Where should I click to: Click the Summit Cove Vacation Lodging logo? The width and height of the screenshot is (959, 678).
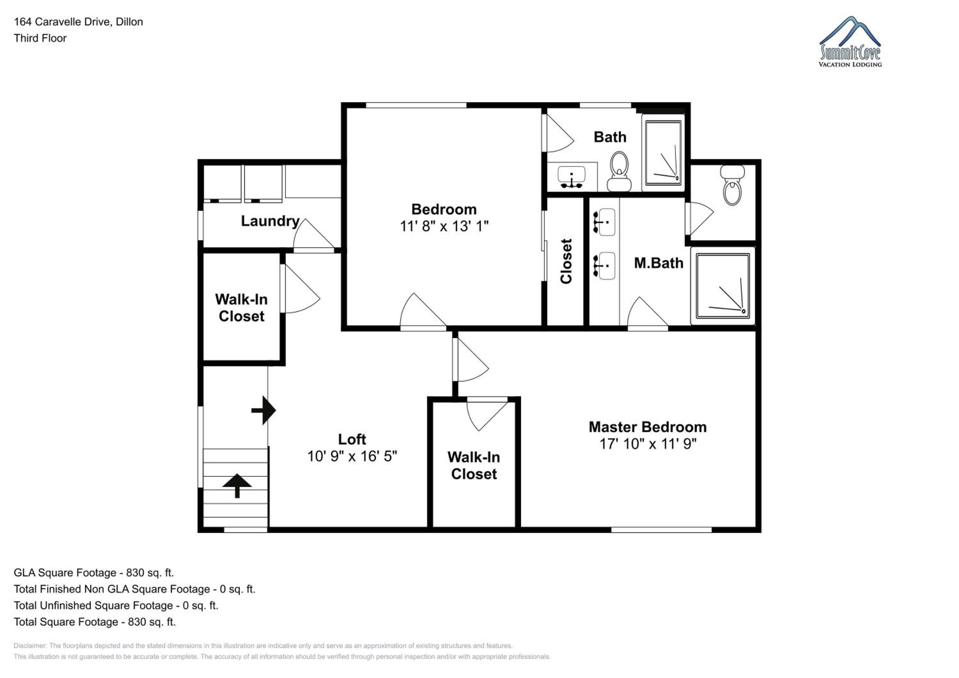[850, 42]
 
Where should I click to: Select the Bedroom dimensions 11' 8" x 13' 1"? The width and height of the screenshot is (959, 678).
[444, 226]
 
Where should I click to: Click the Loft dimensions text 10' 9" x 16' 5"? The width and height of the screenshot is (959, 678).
[352, 456]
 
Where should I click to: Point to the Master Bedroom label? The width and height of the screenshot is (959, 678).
[647, 427]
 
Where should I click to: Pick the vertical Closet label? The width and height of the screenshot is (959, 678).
[566, 261]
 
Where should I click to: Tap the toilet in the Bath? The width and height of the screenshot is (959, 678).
[619, 171]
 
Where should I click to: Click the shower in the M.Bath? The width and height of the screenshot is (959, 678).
[722, 286]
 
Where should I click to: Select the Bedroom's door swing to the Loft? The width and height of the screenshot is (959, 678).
[423, 312]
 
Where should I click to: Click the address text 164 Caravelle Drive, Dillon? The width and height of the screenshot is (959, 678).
[79, 22]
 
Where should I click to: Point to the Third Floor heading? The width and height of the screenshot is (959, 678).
[40, 38]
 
